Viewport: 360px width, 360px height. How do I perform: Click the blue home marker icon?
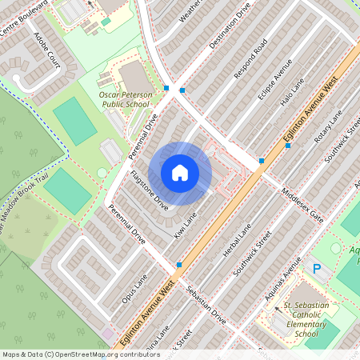179,173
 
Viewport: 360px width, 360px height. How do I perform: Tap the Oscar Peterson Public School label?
124,99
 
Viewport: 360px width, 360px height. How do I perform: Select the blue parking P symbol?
317,269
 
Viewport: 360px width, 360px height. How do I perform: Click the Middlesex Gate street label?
306,206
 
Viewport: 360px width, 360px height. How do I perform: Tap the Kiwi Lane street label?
185,225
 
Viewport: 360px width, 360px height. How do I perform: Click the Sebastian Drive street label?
206,304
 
